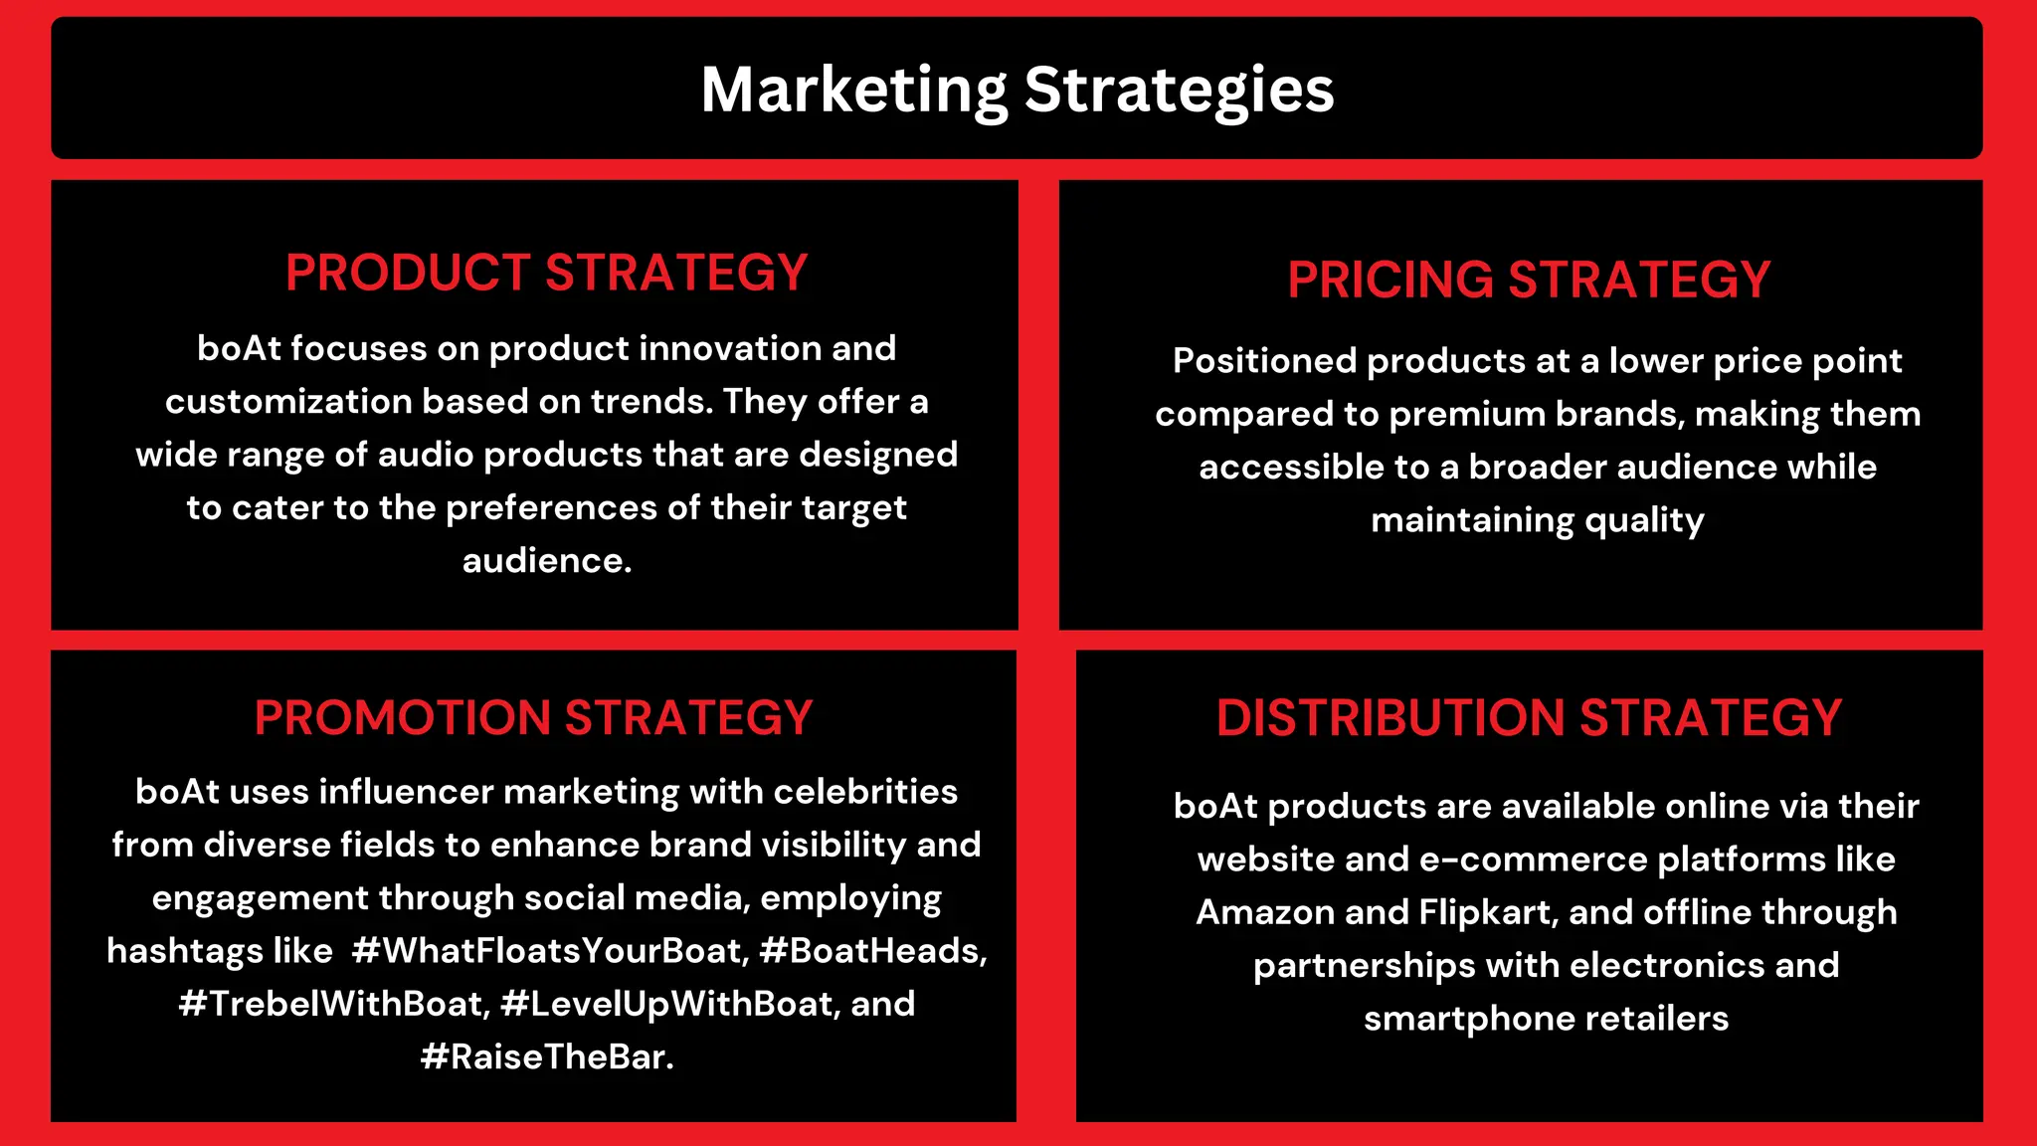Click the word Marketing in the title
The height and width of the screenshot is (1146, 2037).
click(853, 91)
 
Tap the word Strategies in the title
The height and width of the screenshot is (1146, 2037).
click(1179, 91)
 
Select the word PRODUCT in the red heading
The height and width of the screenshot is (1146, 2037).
click(408, 273)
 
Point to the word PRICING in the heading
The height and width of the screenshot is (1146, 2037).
click(1390, 280)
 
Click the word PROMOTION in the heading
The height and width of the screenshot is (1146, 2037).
click(402, 717)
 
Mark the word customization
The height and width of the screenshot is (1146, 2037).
click(288, 401)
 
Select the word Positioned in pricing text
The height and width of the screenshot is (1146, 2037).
click(1263, 360)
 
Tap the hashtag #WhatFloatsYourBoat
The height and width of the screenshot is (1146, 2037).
click(549, 951)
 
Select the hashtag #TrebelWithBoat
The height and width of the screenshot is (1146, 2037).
click(334, 1004)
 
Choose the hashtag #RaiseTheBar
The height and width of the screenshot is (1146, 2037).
click(546, 1056)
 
